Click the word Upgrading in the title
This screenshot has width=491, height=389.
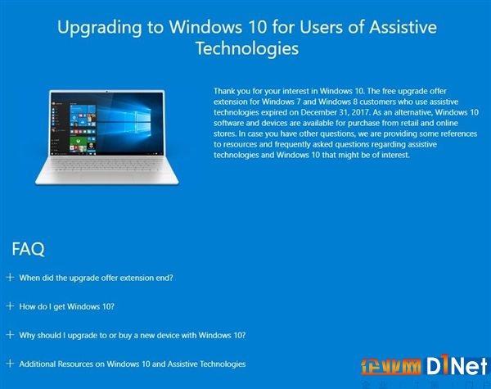pyautogui.click(x=99, y=28)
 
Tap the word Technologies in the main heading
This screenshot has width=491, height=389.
pyautogui.click(x=247, y=49)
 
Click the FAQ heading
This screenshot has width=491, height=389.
pyautogui.click(x=28, y=249)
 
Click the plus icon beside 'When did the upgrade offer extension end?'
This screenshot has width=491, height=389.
pyautogui.click(x=10, y=277)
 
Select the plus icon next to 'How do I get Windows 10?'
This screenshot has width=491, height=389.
pyautogui.click(x=10, y=306)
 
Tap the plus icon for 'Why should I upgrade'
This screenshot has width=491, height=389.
pyautogui.click(x=10, y=334)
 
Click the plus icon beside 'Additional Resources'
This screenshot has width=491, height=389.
pyautogui.click(x=10, y=364)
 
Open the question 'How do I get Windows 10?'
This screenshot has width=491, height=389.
pyautogui.click(x=67, y=306)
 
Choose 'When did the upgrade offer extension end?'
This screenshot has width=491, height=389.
pyautogui.click(x=96, y=278)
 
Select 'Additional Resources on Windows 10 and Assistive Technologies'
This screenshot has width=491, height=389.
pyautogui.click(x=133, y=364)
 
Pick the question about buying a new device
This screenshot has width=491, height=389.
pyautogui.click(x=133, y=336)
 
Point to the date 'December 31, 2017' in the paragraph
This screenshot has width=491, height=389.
pyautogui.click(x=335, y=112)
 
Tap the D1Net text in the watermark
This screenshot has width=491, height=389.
pyautogui.click(x=457, y=364)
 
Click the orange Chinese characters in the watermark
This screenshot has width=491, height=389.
pyautogui.click(x=391, y=366)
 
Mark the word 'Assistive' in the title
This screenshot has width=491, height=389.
pyautogui.click(x=403, y=27)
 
